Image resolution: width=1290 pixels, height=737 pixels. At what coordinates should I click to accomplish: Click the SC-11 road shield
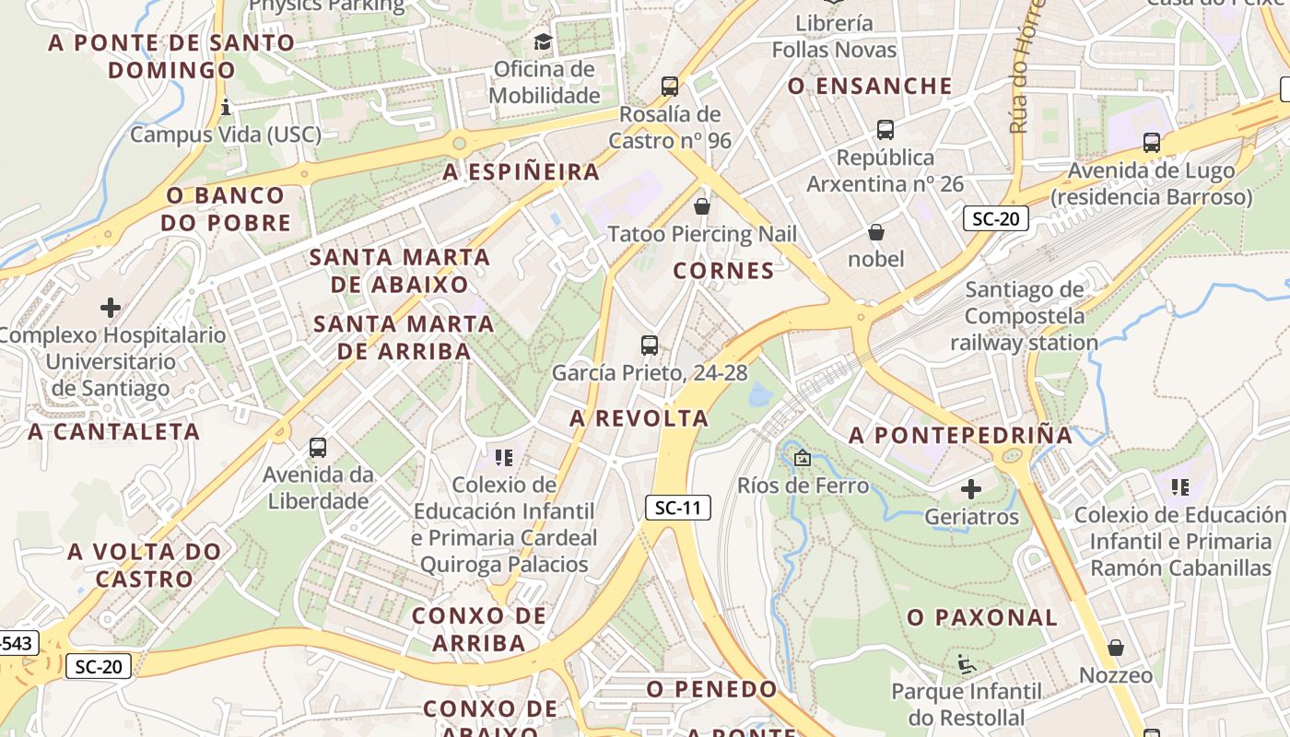(x=678, y=508)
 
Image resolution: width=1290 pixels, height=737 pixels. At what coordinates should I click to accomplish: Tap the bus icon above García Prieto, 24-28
(x=650, y=345)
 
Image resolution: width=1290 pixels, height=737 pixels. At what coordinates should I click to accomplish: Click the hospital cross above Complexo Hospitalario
(x=111, y=307)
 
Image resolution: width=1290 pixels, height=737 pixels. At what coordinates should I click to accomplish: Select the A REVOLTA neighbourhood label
(x=639, y=418)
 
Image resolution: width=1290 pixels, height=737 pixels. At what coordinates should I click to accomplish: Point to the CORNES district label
(x=723, y=271)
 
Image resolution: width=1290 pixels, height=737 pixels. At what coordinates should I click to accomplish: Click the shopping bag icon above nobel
(x=876, y=232)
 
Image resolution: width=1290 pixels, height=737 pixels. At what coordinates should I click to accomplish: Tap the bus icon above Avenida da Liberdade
(x=318, y=448)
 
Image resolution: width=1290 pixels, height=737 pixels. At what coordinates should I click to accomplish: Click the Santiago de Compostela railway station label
(x=1025, y=316)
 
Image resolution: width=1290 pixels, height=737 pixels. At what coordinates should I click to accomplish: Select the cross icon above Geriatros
(x=971, y=489)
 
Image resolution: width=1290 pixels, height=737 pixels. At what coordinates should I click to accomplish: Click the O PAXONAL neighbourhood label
(x=982, y=618)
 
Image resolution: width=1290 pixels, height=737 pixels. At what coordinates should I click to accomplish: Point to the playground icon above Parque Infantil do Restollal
(x=966, y=663)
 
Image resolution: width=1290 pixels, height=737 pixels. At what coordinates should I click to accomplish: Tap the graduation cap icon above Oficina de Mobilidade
(x=543, y=41)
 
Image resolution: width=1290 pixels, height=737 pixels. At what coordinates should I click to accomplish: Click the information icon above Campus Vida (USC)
(x=226, y=108)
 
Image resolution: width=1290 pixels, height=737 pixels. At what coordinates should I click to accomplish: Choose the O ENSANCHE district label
(x=870, y=86)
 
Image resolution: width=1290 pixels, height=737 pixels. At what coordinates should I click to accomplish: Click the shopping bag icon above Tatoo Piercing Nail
(x=702, y=206)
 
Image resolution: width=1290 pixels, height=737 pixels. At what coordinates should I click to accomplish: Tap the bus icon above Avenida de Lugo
(x=1152, y=143)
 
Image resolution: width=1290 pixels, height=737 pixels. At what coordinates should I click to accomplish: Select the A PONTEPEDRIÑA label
(x=960, y=435)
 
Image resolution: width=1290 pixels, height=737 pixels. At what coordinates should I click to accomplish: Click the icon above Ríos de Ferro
(x=803, y=457)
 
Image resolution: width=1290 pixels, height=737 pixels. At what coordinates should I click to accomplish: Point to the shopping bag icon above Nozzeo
(x=1116, y=648)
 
